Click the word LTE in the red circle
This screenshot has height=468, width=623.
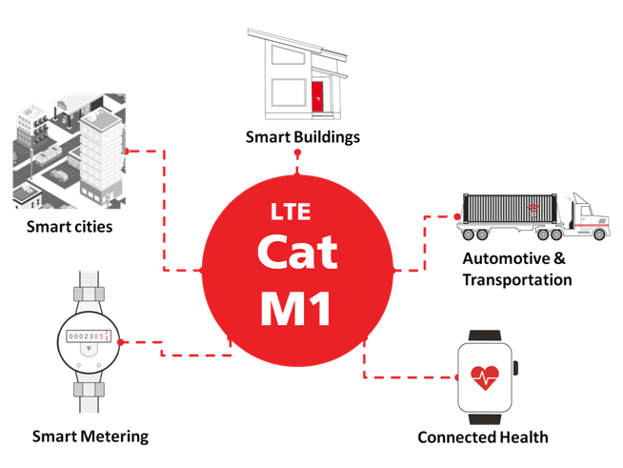click(291, 211)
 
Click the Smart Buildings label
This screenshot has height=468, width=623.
click(303, 137)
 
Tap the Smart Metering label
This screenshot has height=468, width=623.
click(90, 437)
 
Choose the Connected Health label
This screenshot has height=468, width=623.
click(483, 437)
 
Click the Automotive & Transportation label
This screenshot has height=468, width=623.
click(516, 270)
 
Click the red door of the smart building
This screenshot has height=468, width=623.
click(317, 94)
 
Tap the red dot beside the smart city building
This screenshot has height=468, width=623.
click(129, 151)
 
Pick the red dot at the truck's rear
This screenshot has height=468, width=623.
click(458, 217)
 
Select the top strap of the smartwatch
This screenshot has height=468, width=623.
click(486, 336)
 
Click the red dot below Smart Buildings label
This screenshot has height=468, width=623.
click(297, 171)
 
